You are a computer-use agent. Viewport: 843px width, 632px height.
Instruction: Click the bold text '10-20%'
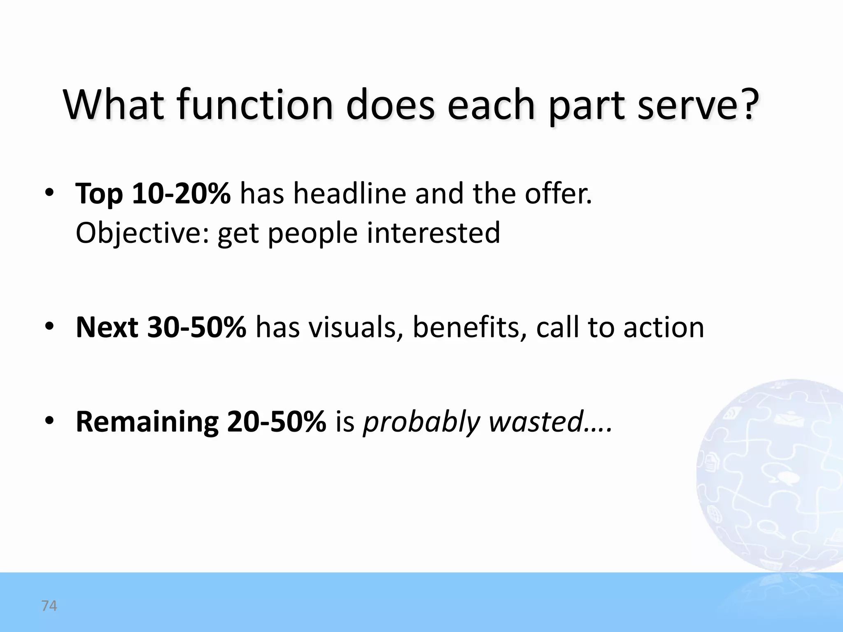(181, 193)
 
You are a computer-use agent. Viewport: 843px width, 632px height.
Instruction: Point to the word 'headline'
(349, 193)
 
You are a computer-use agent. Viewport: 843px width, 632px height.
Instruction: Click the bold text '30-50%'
(196, 328)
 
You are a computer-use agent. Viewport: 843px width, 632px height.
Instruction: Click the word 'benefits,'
(470, 328)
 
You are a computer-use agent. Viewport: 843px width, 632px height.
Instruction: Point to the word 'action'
(664, 328)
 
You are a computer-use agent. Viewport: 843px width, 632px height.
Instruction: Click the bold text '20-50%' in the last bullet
(276, 422)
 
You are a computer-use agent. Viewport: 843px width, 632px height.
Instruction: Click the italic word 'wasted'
(536, 422)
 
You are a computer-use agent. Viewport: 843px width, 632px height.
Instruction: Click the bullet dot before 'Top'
(49, 193)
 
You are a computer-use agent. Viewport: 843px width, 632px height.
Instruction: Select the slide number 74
(49, 606)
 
